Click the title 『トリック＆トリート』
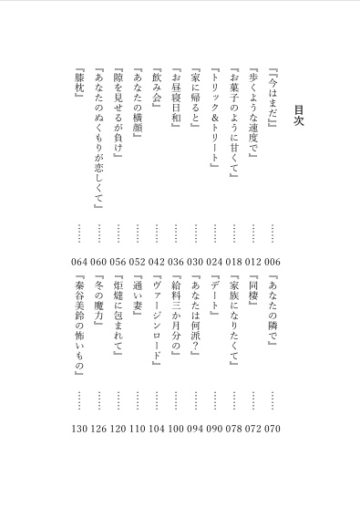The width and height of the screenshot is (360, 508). pyautogui.click(x=214, y=119)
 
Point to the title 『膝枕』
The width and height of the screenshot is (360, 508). pyautogui.click(x=78, y=88)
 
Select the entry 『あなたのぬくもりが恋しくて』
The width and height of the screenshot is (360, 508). pyautogui.click(x=98, y=141)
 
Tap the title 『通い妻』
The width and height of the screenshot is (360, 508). pyautogui.click(x=137, y=295)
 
